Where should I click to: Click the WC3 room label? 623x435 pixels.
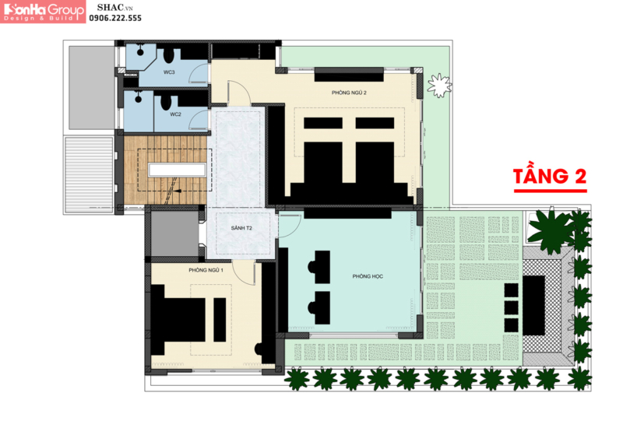pos(169,72)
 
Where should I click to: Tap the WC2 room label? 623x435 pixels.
pos(175,114)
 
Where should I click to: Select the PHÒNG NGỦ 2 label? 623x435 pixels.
pos(349,93)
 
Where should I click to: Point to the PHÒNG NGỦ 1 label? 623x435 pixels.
pos(206,270)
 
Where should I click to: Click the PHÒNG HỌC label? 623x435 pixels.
pos(368,276)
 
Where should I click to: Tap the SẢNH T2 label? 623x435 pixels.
pos(241,228)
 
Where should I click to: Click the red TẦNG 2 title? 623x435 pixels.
pos(550,177)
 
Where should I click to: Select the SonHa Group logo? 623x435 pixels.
pos(43,12)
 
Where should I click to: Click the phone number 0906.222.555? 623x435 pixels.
pos(115,18)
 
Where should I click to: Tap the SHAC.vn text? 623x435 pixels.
pos(114,8)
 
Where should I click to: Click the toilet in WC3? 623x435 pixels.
pos(169,55)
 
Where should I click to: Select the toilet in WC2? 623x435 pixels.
pos(166,103)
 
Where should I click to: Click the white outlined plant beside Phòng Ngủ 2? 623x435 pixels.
pos(439,86)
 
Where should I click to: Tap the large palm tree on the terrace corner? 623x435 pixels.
pos(551,231)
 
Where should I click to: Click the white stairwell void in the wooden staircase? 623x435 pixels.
pos(178,170)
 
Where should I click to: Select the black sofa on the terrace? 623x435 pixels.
pos(533,306)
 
